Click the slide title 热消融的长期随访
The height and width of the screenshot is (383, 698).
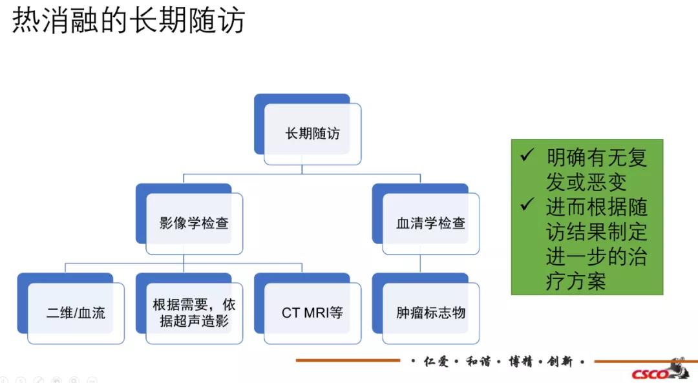pyautogui.click(x=129, y=20)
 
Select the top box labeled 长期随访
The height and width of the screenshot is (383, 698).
pyautogui.click(x=312, y=134)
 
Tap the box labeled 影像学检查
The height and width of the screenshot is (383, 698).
pyautogui.click(x=194, y=223)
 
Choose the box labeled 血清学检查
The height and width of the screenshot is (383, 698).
pyautogui.click(x=430, y=223)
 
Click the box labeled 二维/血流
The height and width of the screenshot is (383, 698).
pyautogui.click(x=76, y=313)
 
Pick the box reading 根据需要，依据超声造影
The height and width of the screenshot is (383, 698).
pyautogui.click(x=194, y=313)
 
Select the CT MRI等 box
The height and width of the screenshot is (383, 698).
pyautogui.click(x=312, y=313)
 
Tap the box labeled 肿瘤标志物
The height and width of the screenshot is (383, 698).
pyautogui.click(x=430, y=313)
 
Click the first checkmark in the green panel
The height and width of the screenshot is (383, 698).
pyautogui.click(x=527, y=156)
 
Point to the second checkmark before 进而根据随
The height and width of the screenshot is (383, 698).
pyautogui.click(x=527, y=205)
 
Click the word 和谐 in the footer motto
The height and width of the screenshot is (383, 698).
pyautogui.click(x=477, y=361)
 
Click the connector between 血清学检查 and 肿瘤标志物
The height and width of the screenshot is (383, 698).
pyautogui.click(x=421, y=263)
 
